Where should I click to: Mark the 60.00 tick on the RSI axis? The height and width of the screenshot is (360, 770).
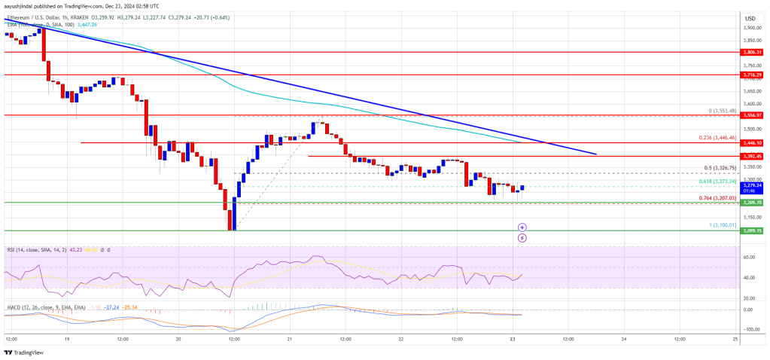750,257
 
